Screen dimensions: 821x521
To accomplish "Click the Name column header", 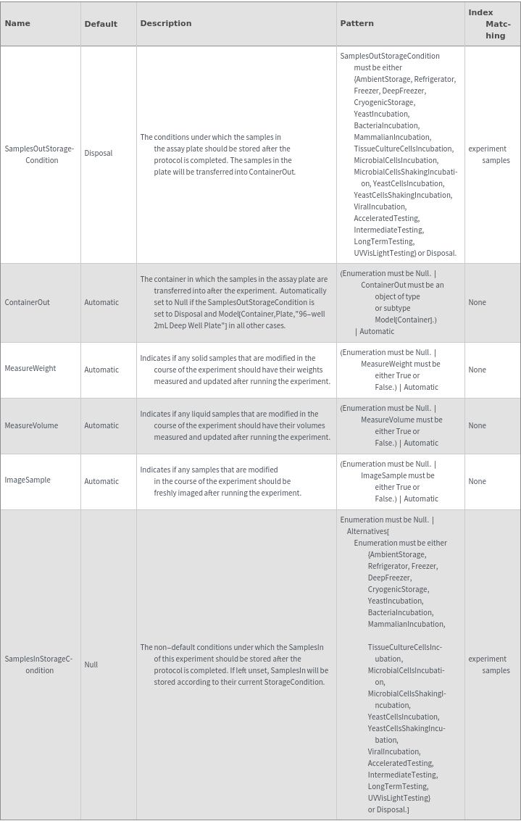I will tap(17, 23).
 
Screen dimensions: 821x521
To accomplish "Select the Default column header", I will tap(101, 24).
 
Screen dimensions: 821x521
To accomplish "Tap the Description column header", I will tap(166, 23).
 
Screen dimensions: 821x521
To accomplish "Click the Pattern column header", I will tap(357, 23).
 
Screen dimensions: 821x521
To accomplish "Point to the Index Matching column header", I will tap(491, 24).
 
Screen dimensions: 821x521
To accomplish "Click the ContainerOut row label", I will tap(28, 302).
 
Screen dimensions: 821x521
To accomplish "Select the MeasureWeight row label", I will tap(30, 368).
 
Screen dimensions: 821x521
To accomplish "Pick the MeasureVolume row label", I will tap(31, 425).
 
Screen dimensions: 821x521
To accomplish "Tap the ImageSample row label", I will tap(28, 480).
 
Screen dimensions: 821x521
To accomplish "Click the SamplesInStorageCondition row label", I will tap(39, 664).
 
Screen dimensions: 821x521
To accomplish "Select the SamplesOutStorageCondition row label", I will tap(39, 154).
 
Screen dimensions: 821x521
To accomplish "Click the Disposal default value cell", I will tap(99, 153).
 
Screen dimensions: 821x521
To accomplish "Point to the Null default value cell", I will tap(91, 664).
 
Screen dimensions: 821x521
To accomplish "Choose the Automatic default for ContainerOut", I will tap(101, 302).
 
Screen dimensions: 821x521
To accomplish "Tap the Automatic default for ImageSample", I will tap(101, 481).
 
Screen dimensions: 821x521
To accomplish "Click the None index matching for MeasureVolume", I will tap(478, 425).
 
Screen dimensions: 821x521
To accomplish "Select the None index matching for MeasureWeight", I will tap(478, 370).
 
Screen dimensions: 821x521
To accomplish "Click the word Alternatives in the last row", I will tap(367, 531).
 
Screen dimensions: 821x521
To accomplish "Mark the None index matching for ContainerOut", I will tap(478, 302).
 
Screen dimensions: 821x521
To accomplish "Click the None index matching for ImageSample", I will tap(478, 481).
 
